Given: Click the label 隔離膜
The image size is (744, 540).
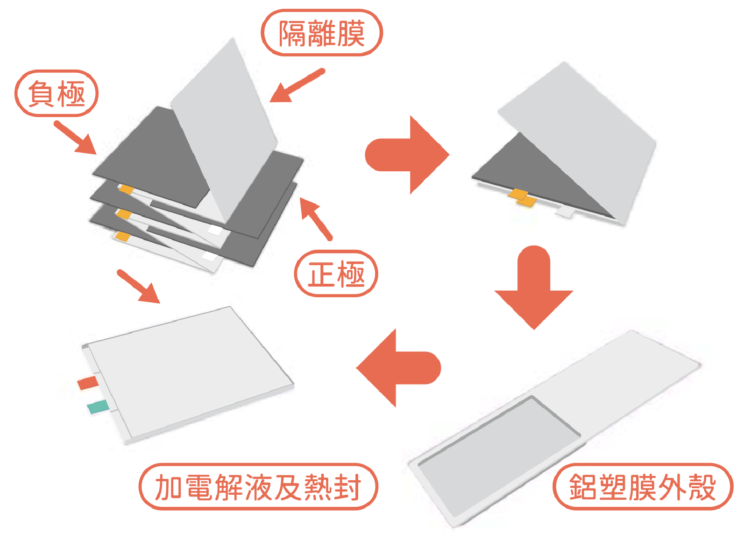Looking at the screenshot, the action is pos(321,33).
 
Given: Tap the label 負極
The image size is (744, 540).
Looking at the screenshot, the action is pos(57,93).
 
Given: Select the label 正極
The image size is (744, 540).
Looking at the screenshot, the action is pos(336,274).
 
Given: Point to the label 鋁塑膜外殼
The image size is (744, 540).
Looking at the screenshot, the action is pos(643,487).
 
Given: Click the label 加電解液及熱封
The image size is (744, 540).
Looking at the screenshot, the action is pos(258,487).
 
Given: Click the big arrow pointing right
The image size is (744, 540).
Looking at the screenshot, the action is pos(407,154).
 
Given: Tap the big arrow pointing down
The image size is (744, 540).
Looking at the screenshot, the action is pos(534,288).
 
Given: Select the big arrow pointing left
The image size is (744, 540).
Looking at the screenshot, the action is pos(398,368).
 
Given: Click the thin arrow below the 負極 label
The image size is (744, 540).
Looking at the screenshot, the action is pos(75,138).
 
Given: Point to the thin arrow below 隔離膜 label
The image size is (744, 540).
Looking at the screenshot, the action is pos(297,85).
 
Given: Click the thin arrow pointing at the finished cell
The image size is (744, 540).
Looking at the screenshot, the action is pos(139,287).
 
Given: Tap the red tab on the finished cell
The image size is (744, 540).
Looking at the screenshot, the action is pos(88,383).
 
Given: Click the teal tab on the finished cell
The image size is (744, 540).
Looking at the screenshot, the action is pos(99,407).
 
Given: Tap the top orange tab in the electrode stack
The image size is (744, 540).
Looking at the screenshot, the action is pos(126,189).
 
